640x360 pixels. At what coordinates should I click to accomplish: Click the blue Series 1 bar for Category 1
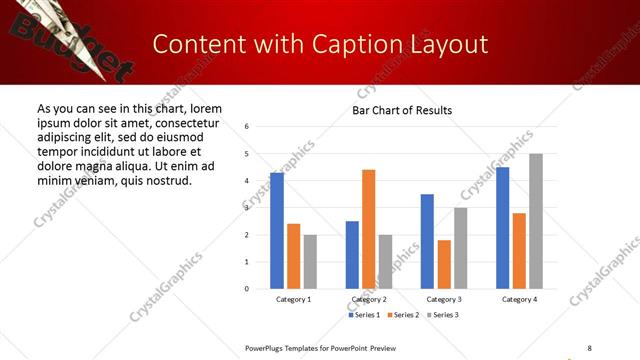point(277,231)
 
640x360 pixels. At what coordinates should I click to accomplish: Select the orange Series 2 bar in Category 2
point(368,229)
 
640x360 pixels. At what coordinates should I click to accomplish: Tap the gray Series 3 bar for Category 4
point(536,221)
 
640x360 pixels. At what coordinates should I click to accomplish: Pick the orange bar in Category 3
point(444,264)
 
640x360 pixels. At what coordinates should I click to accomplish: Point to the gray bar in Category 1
point(310,261)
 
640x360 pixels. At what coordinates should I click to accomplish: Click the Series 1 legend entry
point(365,315)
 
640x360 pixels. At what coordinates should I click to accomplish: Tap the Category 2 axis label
point(369,299)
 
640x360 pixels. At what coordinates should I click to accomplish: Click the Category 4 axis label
point(519,299)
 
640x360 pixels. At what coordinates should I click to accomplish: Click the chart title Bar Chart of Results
point(402,110)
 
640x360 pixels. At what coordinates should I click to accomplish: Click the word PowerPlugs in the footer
point(269,347)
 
